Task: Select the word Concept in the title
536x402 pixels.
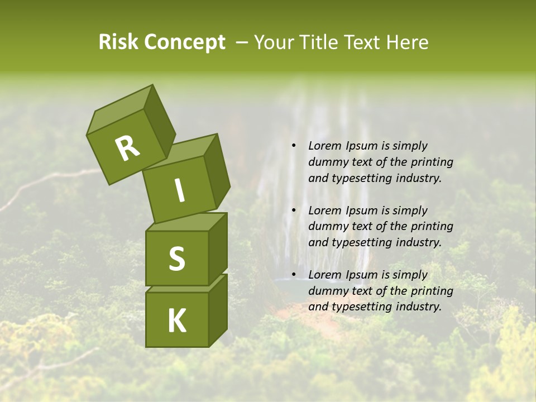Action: click(185, 42)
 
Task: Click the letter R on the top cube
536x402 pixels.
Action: click(128, 148)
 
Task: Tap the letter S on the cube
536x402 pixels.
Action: click(176, 259)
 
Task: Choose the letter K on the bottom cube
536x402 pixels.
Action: click(176, 320)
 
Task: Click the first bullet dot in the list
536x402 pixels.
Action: click(294, 146)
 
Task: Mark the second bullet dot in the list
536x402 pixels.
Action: click(294, 211)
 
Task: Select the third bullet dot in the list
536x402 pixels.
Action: click(294, 275)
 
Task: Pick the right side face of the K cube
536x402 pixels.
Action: click(218, 310)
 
